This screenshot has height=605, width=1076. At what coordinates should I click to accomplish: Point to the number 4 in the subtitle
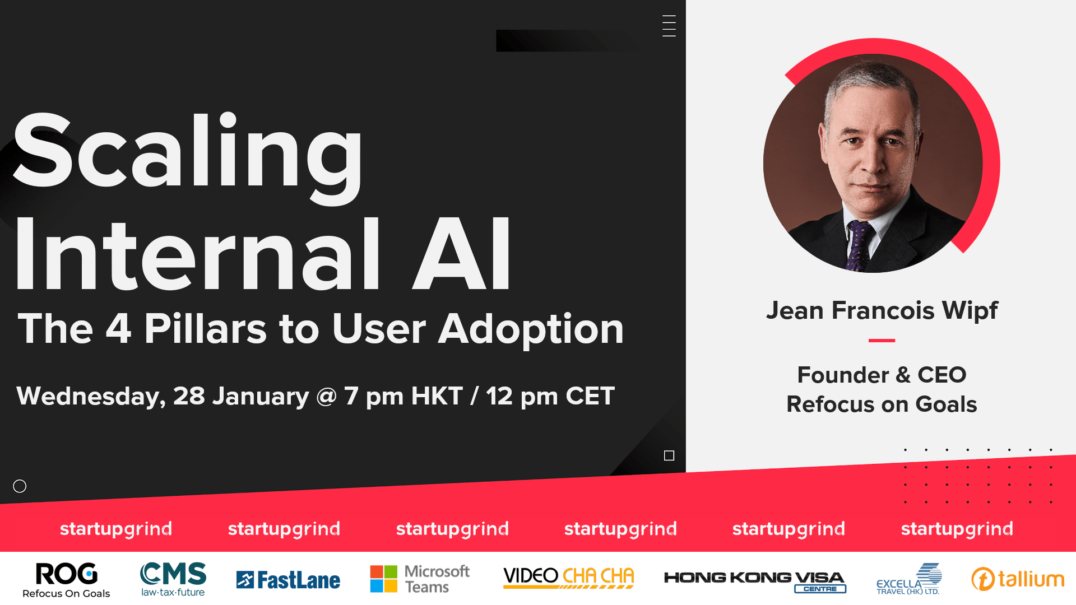[118, 328]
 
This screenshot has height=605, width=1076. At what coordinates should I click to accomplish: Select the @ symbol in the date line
[326, 396]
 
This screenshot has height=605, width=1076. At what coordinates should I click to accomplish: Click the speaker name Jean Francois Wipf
[882, 310]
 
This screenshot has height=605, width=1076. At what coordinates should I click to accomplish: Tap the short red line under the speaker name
[882, 340]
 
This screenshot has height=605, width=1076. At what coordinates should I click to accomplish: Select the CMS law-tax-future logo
[173, 579]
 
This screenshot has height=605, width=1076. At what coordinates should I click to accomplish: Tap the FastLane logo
[288, 580]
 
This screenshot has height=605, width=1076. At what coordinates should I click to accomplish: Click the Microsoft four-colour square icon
[384, 579]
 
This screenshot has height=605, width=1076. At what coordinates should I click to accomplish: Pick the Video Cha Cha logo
[568, 578]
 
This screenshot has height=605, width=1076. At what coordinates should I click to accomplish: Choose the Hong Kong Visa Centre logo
[755, 581]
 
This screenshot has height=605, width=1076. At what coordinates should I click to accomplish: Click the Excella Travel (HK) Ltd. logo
[909, 579]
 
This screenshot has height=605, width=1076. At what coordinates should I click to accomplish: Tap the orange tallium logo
[1018, 579]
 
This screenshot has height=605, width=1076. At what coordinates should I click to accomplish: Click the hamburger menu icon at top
[669, 26]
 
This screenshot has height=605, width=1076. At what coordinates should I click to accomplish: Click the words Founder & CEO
[882, 375]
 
